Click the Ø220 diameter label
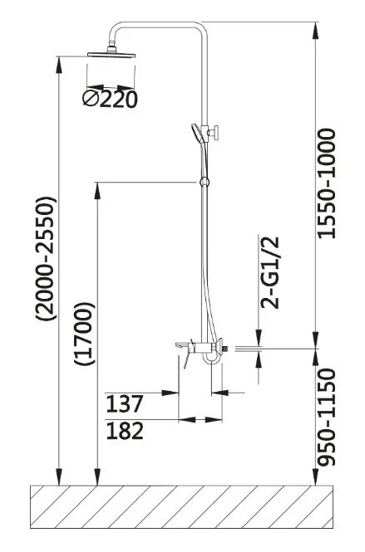[x=110, y=100]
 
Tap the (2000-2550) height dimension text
[x=45, y=258]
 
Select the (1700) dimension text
[x=84, y=334]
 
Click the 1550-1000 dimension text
[x=326, y=183]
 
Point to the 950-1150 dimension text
[x=326, y=418]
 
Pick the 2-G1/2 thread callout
[x=269, y=272]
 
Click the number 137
[x=125, y=403]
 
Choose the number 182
[x=125, y=431]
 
